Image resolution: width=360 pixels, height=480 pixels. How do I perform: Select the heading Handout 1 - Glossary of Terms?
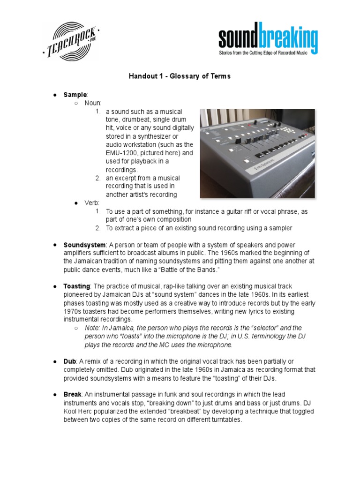coord(180,76)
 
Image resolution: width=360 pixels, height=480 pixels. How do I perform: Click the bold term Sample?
coord(75,95)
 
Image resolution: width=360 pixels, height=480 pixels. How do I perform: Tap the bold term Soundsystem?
coord(85,245)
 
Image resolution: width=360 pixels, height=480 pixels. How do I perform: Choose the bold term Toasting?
coord(77,286)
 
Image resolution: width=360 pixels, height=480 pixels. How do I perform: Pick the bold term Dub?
coord(69,361)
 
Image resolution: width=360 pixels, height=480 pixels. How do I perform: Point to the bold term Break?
coord(72,395)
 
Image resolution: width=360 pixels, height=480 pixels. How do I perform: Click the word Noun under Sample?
coord(93,103)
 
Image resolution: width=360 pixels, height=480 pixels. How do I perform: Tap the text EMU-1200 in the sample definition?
coord(122,153)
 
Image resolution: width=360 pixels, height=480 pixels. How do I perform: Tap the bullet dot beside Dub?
coord(55,361)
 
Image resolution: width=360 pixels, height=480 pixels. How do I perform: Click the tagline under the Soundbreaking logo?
coord(263,53)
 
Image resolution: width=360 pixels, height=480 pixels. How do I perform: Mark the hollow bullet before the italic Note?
coord(76,328)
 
